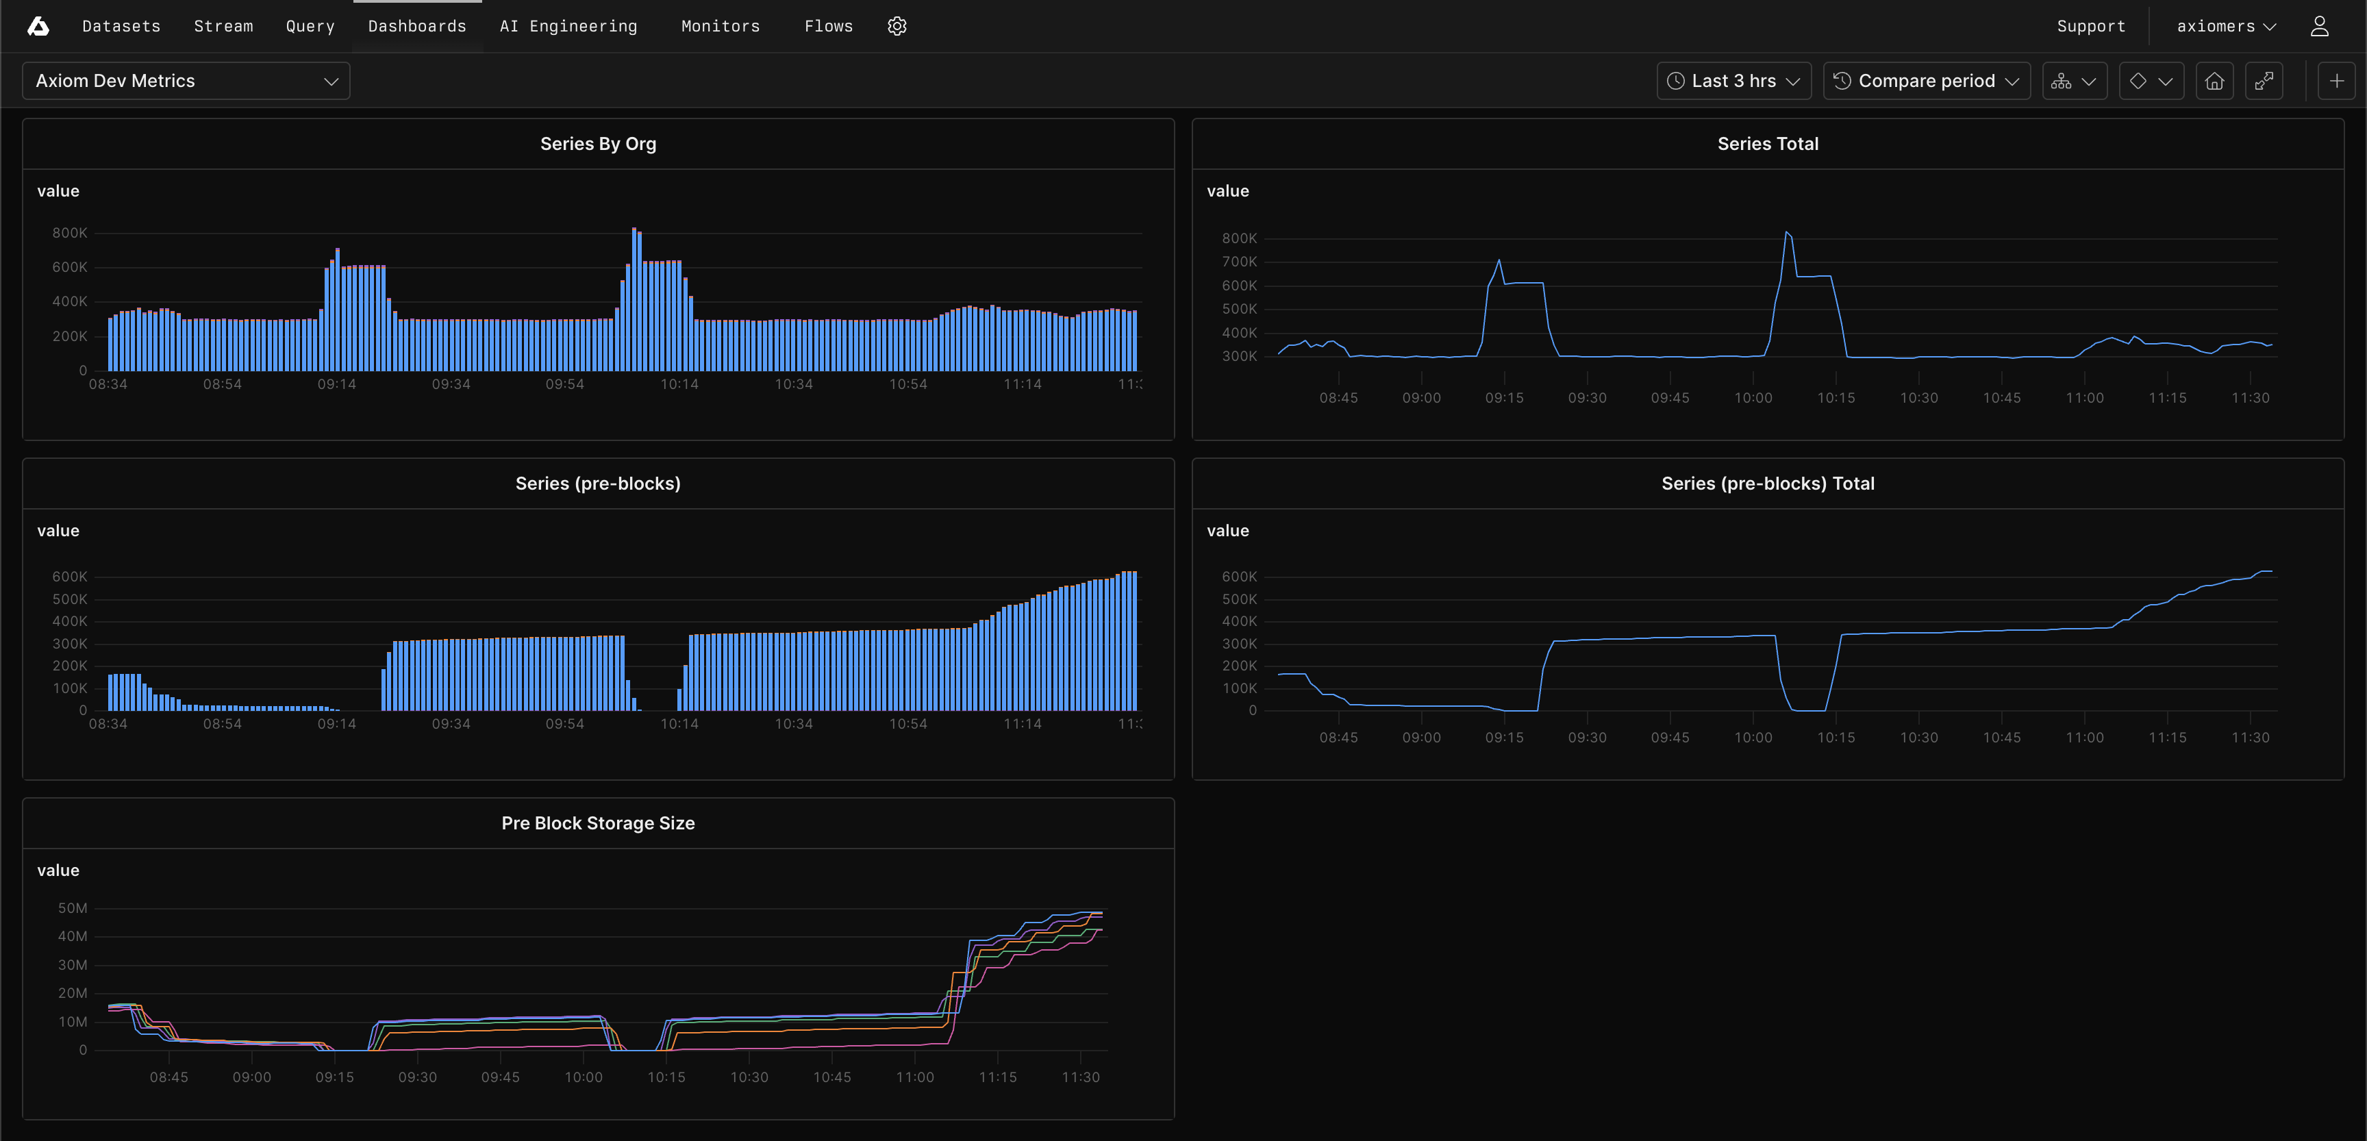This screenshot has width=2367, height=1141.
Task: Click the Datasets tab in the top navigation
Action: pyautogui.click(x=121, y=27)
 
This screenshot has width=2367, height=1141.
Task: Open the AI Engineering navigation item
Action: pyautogui.click(x=568, y=27)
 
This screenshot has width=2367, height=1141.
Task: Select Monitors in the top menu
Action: pyautogui.click(x=721, y=27)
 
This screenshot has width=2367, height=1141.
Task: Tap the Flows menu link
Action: pyautogui.click(x=828, y=27)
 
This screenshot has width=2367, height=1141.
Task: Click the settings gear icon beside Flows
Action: pyautogui.click(x=897, y=27)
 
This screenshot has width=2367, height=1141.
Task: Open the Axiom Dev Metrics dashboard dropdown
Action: pyautogui.click(x=186, y=81)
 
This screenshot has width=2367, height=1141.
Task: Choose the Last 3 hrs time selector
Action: pyautogui.click(x=1733, y=81)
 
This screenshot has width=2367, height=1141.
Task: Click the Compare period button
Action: pyautogui.click(x=1926, y=81)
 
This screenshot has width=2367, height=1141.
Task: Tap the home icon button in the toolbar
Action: pyautogui.click(x=2214, y=81)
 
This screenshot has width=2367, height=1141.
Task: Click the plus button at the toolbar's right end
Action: pyautogui.click(x=2335, y=81)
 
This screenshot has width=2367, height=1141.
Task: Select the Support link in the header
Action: pyautogui.click(x=2090, y=27)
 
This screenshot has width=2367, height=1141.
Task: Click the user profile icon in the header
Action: pyautogui.click(x=2319, y=27)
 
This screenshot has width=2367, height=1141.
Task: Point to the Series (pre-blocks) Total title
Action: pyautogui.click(x=1767, y=484)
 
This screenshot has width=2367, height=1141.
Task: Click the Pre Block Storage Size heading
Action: pyautogui.click(x=598, y=824)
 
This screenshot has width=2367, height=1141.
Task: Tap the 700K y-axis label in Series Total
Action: pyautogui.click(x=1238, y=262)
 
